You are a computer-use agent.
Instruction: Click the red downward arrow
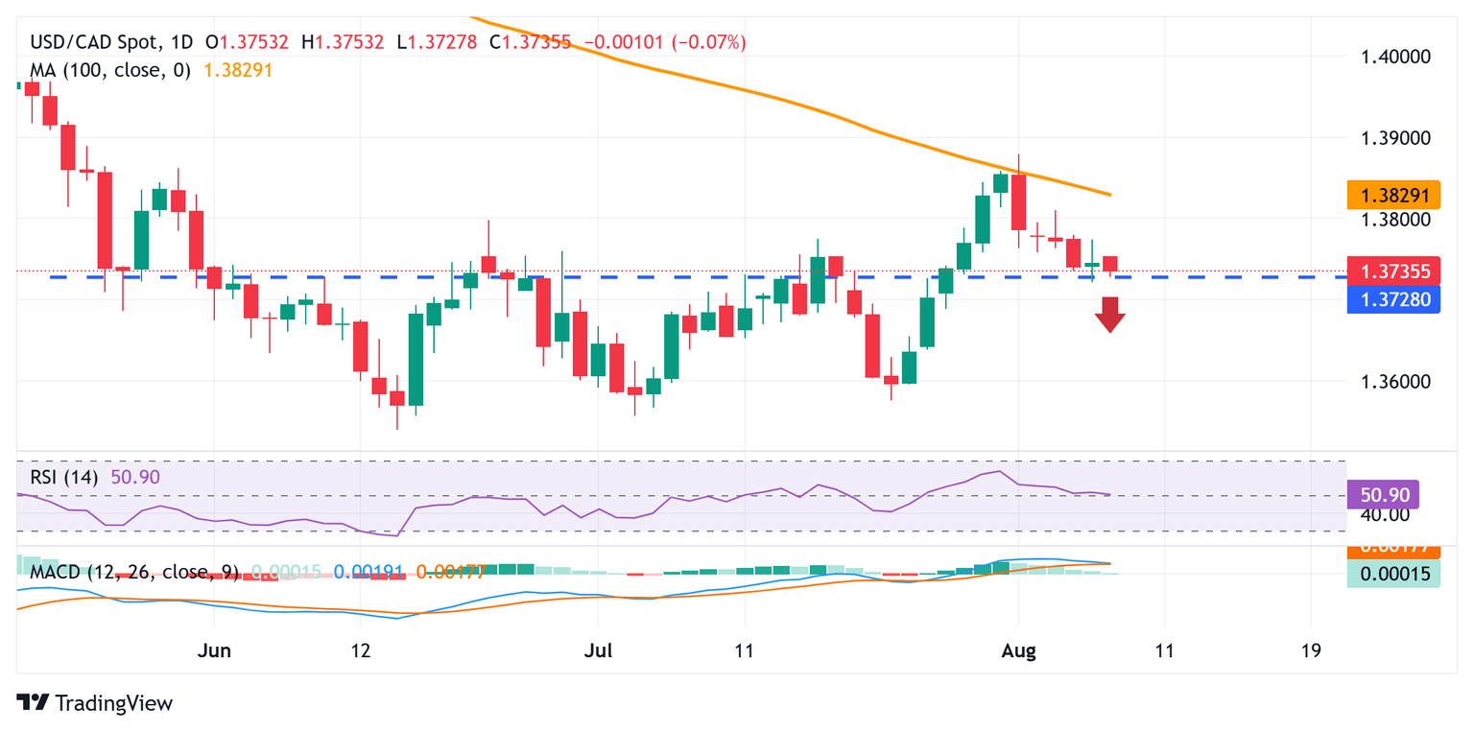(1110, 314)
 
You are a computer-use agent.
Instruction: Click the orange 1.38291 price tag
(1393, 195)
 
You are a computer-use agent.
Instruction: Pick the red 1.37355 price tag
(1393, 272)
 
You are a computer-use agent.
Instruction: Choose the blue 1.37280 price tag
(1393, 300)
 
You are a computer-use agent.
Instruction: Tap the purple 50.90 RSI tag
(1383, 495)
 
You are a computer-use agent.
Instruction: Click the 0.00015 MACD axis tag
(1393, 574)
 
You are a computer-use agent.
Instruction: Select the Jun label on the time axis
(213, 650)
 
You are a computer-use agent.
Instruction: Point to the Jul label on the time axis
(597, 650)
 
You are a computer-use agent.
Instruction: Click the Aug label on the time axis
(1018, 650)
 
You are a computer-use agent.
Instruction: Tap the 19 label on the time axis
(1311, 650)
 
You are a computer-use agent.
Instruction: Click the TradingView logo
(95, 702)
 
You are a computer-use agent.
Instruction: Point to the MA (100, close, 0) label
(110, 70)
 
